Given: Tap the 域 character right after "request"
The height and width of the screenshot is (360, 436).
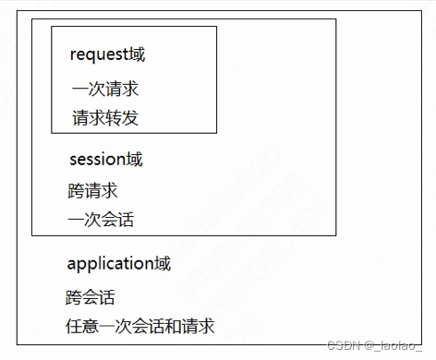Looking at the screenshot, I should click(138, 54).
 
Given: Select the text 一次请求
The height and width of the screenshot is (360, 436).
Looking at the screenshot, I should click(104, 90).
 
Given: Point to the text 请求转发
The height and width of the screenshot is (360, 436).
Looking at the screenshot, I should click(104, 118).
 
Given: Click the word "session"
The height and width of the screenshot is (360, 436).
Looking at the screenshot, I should click(98, 160).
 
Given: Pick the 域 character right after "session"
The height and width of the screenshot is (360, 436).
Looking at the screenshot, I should click(135, 160).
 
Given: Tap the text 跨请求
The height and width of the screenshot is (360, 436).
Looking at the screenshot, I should click(92, 191).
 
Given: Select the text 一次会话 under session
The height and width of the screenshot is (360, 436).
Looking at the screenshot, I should click(100, 220).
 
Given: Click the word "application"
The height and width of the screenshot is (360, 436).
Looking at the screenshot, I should click(111, 264).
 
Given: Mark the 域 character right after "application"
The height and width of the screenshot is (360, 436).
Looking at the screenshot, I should click(163, 264).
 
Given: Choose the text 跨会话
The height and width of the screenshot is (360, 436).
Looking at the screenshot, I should click(91, 297).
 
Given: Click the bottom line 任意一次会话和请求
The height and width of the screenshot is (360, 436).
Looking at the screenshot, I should click(139, 326).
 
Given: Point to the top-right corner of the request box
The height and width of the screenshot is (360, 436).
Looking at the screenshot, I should click(216, 27).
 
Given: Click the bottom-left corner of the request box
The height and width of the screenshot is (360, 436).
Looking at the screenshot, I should click(52, 133).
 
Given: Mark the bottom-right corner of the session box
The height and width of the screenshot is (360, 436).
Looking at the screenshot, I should click(335, 235).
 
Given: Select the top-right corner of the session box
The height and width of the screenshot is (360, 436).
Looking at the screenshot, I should click(335, 18).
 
